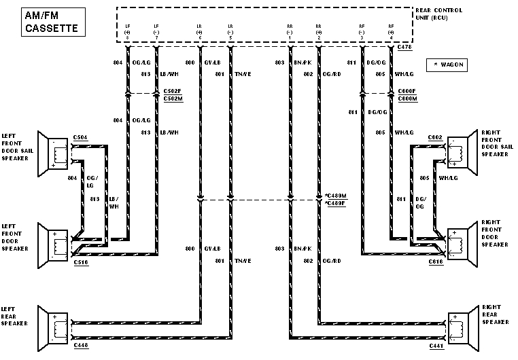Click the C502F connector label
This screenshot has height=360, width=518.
[173, 90]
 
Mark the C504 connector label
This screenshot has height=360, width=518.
[80, 137]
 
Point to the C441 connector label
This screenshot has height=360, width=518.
[437, 346]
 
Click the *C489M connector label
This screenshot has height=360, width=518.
[335, 196]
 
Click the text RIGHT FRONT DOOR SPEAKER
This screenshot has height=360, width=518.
[495, 234]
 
